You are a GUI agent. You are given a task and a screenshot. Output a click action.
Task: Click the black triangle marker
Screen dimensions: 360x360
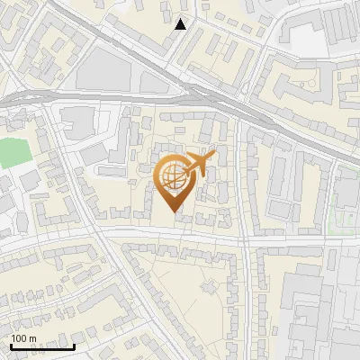[x=181, y=24]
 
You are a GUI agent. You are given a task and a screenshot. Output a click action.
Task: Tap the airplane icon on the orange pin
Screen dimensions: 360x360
[x=199, y=164]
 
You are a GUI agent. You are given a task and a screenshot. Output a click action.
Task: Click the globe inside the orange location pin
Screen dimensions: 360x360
[x=174, y=177]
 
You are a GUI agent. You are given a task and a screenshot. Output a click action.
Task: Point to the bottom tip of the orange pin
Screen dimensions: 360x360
[x=175, y=212]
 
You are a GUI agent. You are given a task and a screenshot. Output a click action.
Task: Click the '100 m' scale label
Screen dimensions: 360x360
[x=23, y=338]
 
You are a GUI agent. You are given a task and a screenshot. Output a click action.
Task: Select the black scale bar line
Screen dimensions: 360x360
[x=42, y=346]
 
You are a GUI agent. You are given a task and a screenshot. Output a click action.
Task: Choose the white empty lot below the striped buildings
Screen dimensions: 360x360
[x=306, y=40]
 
